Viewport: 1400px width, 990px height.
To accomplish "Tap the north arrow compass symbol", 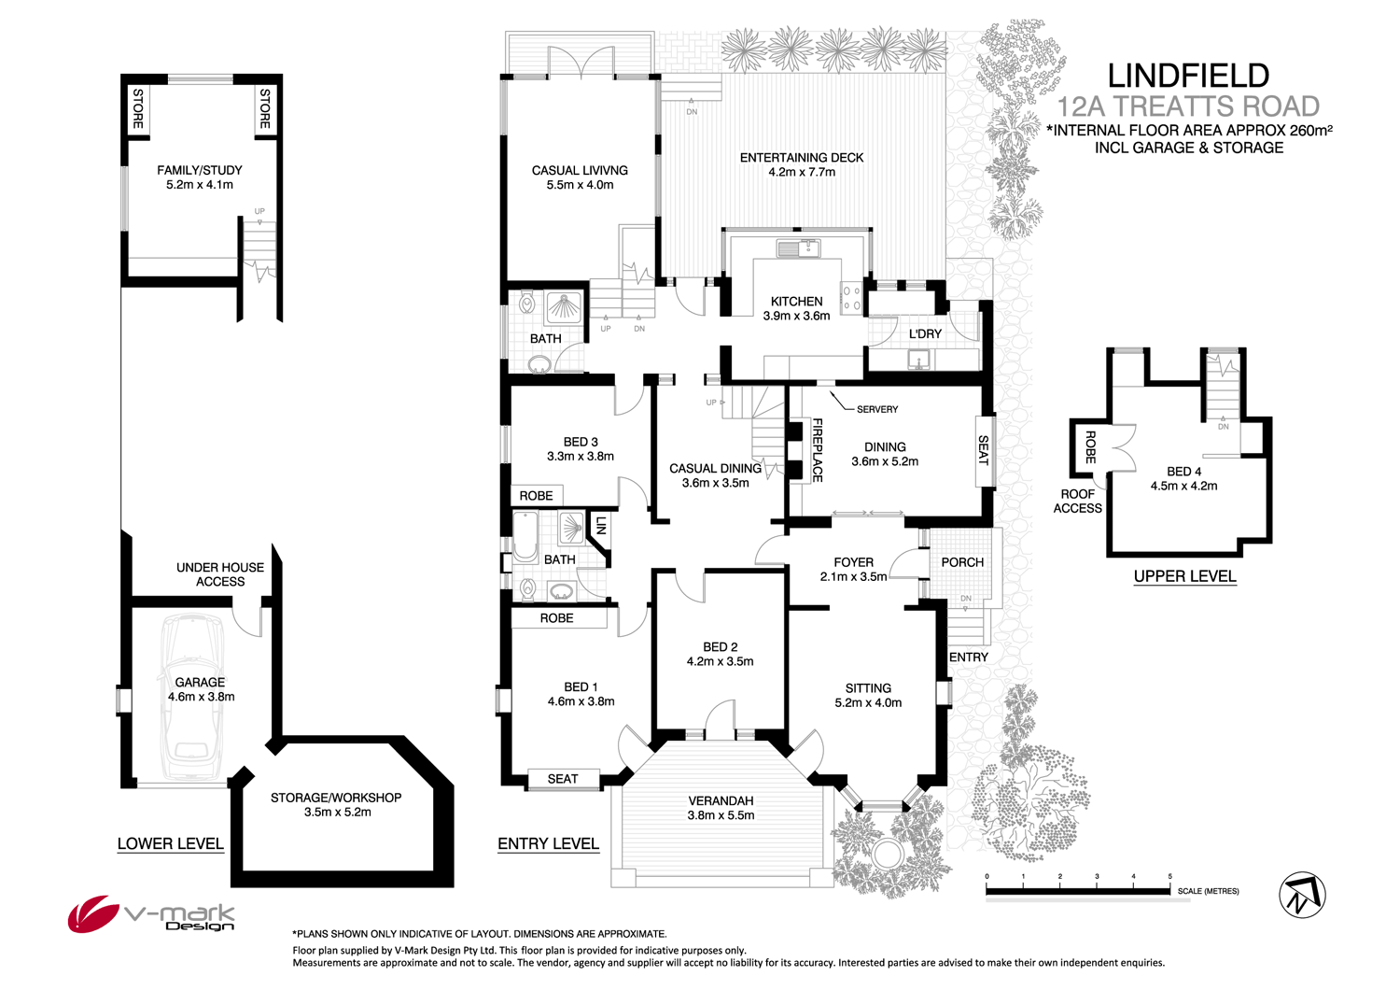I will pyautogui.click(x=1302, y=895).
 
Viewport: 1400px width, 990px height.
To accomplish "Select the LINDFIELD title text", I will pyautogui.click(x=1187, y=76).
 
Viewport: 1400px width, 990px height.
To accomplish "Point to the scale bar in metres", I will pyautogui.click(x=1078, y=891).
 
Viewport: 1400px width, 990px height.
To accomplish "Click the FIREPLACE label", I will pyautogui.click(x=817, y=450).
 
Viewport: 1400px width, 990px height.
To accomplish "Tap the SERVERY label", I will pyautogui.click(x=876, y=409).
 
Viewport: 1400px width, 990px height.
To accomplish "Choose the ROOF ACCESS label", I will pyautogui.click(x=1077, y=502).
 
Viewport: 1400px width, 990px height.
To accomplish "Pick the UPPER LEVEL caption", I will pyautogui.click(x=1184, y=576).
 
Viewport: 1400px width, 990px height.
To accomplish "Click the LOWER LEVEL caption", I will pyautogui.click(x=170, y=843).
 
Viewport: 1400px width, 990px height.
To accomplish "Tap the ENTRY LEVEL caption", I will pyautogui.click(x=548, y=843).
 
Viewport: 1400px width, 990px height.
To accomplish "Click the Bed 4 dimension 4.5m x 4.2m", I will pyautogui.click(x=1183, y=486).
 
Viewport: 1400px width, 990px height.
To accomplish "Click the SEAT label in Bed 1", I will pyautogui.click(x=562, y=779).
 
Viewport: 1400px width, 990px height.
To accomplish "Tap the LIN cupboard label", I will pyautogui.click(x=601, y=525).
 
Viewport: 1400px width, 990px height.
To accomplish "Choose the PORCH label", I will pyautogui.click(x=962, y=562).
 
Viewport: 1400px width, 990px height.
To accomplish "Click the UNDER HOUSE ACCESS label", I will pyautogui.click(x=220, y=574).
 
